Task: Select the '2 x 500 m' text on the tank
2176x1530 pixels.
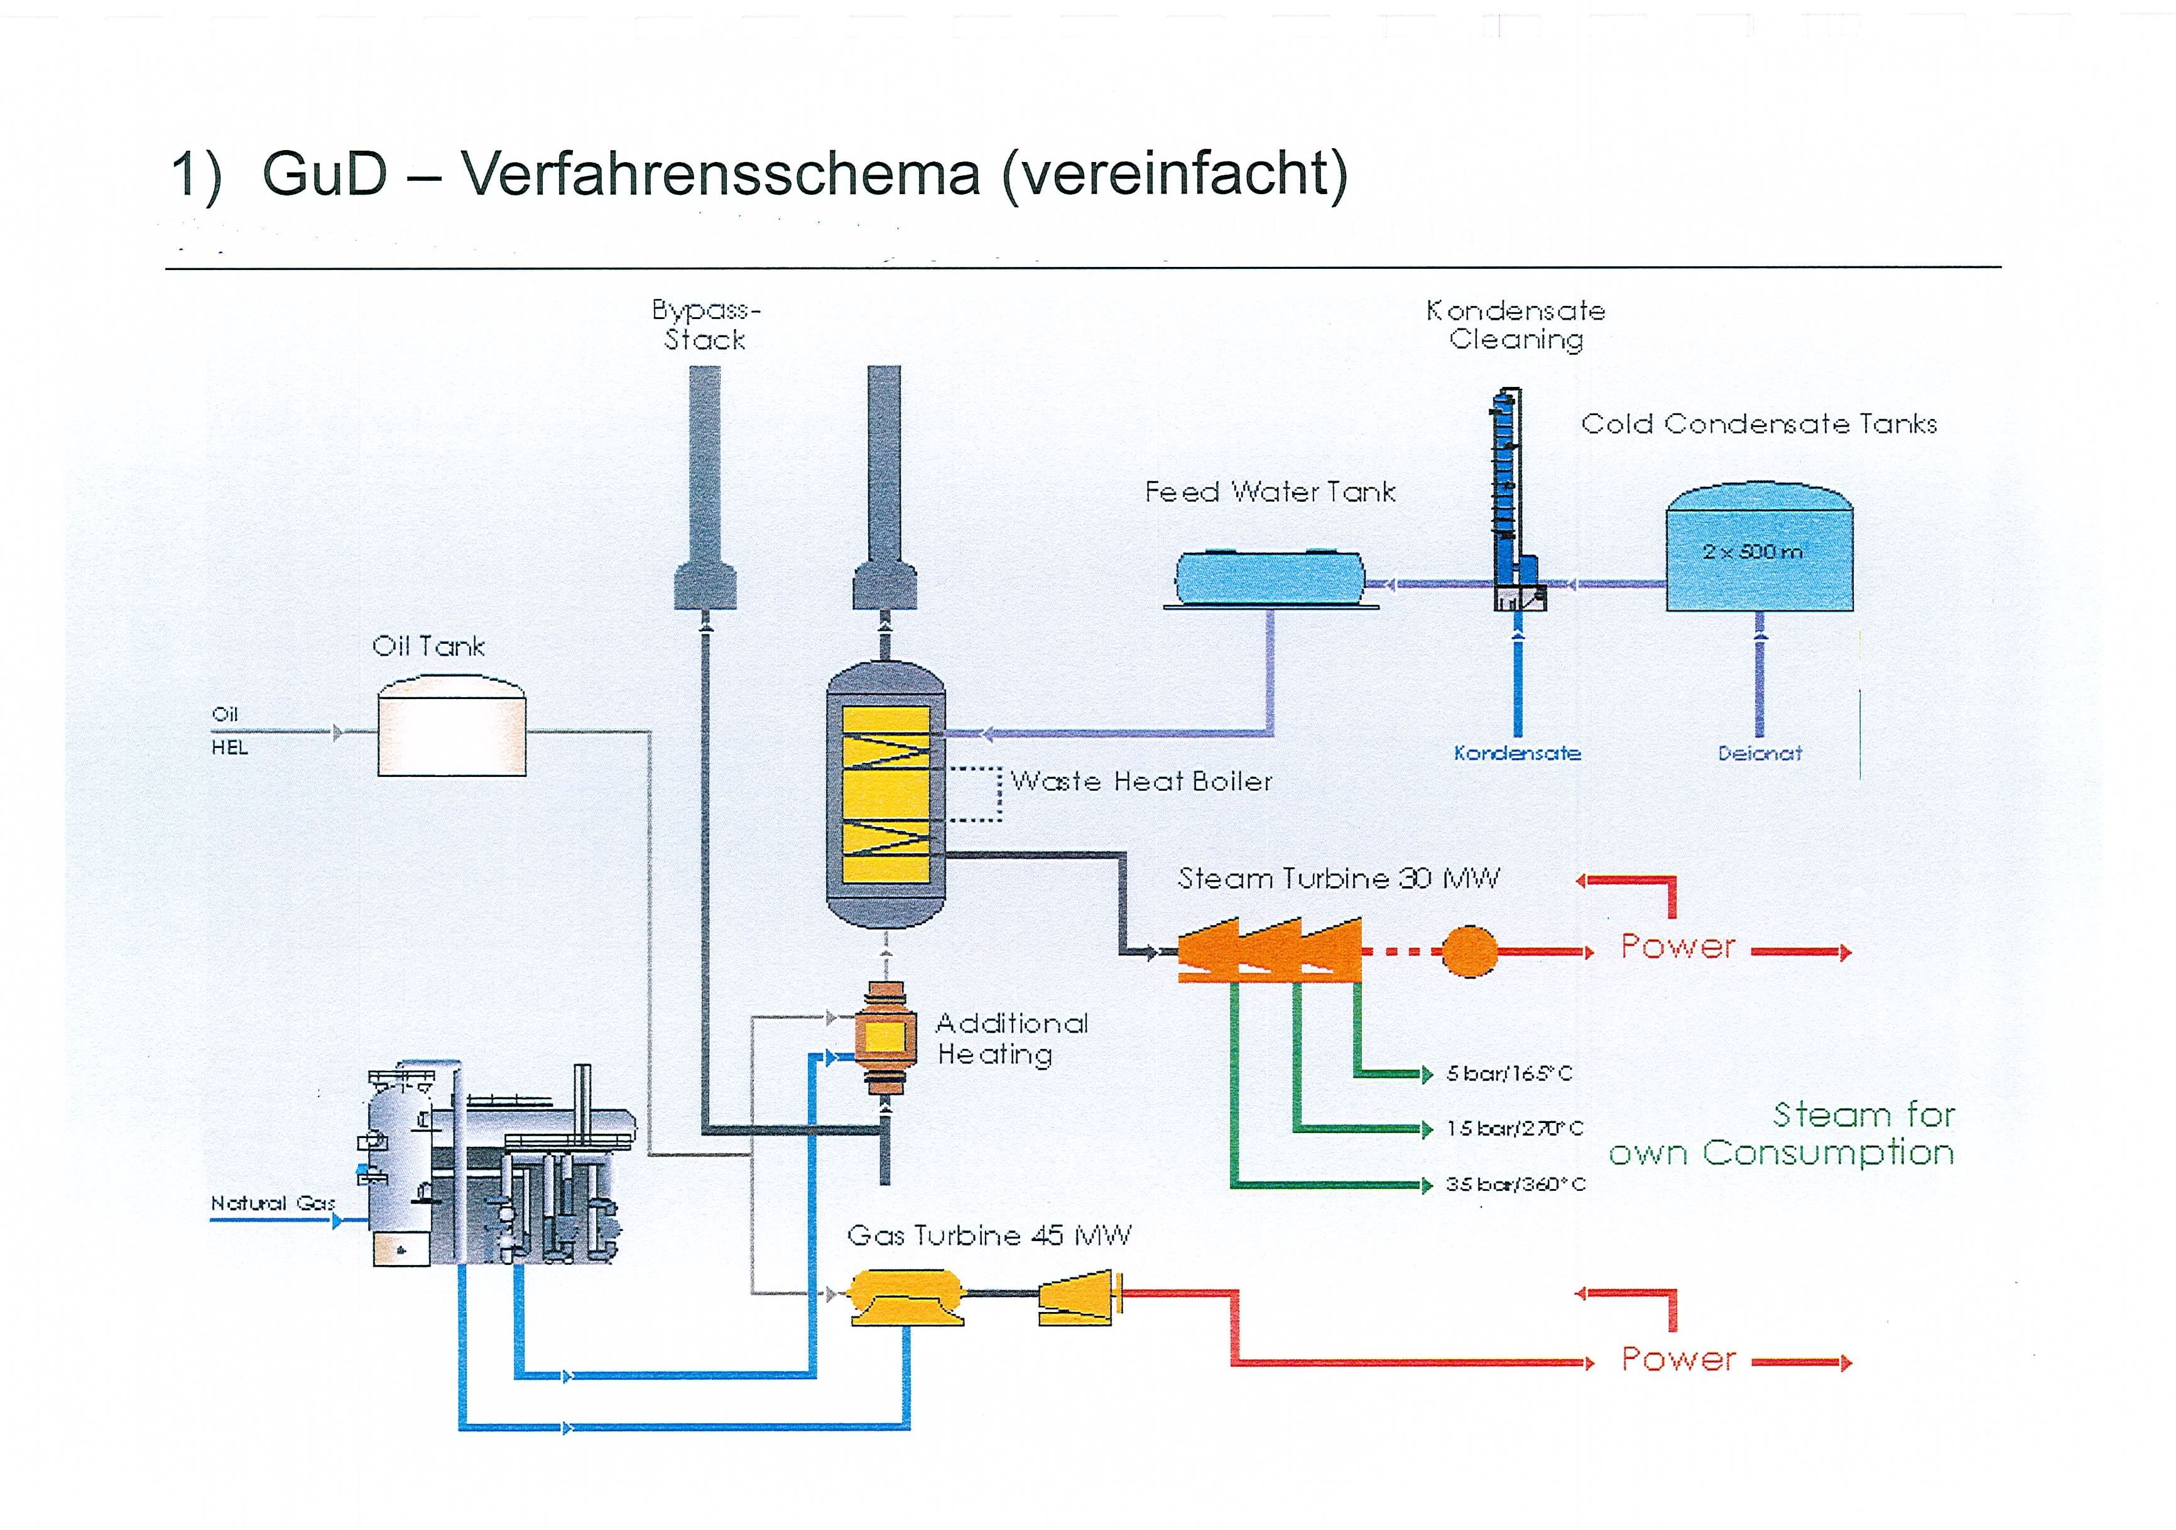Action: (x=1753, y=551)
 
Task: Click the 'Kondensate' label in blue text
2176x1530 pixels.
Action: (x=1517, y=753)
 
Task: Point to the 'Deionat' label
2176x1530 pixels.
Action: (x=1760, y=753)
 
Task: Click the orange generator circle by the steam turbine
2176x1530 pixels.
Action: (x=1470, y=950)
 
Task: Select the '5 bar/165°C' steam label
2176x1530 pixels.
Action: (x=1509, y=1073)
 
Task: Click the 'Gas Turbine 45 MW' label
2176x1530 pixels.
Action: (x=989, y=1235)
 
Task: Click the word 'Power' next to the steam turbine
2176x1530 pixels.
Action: (x=1677, y=945)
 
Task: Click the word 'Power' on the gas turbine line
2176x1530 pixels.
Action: (x=1677, y=1359)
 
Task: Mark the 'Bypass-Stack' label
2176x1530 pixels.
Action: (x=706, y=325)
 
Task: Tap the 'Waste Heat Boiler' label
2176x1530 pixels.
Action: (x=1141, y=781)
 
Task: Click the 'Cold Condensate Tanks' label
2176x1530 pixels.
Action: (x=1759, y=423)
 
